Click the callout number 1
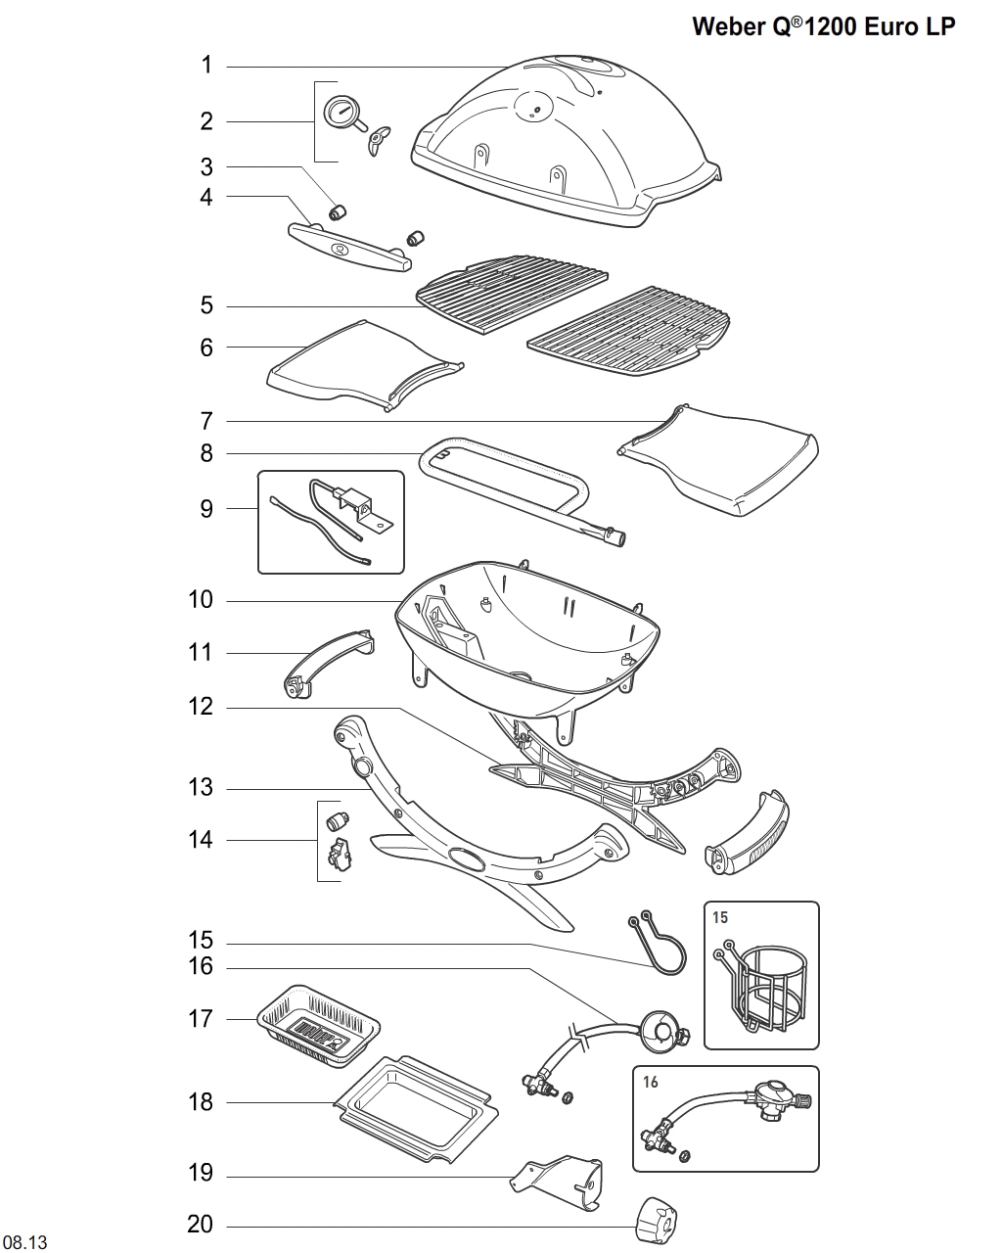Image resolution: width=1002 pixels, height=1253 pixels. [206, 66]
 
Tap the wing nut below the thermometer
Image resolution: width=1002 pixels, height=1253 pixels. [377, 140]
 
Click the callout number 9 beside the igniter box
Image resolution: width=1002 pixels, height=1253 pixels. [206, 509]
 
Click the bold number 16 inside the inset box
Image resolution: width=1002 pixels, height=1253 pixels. [652, 1083]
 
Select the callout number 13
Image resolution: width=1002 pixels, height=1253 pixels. [201, 788]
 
